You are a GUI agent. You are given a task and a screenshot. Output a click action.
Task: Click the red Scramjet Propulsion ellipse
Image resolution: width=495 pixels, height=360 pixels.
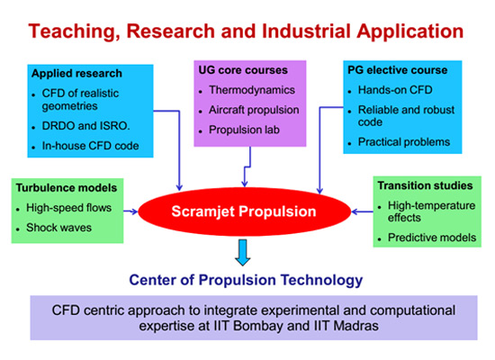click(x=244, y=211)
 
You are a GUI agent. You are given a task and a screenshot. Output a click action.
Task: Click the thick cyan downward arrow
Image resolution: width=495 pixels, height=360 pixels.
click(x=243, y=253)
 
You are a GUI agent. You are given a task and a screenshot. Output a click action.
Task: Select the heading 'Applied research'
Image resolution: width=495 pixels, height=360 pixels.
click(x=76, y=73)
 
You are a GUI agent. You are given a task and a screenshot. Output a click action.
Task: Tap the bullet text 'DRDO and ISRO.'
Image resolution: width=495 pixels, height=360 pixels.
click(x=85, y=126)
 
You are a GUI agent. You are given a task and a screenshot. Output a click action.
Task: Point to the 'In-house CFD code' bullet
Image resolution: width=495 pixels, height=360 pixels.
click(x=90, y=146)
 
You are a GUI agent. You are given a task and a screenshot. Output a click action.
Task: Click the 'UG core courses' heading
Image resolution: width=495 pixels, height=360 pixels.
click(x=243, y=70)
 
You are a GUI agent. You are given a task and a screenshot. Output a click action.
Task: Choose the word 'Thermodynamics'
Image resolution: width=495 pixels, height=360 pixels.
click(x=252, y=90)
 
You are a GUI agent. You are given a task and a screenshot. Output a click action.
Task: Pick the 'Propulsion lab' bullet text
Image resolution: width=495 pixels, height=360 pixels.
click(x=244, y=130)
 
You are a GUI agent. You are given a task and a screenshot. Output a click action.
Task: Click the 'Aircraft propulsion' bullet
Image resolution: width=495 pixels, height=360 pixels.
click(x=254, y=110)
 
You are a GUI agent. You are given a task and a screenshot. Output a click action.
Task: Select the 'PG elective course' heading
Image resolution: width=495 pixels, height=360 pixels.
click(x=398, y=70)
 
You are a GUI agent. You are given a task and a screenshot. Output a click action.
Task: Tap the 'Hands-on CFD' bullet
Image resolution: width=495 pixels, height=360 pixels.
click(x=395, y=90)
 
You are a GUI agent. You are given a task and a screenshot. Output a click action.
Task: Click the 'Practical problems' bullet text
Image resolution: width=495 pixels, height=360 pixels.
click(x=404, y=142)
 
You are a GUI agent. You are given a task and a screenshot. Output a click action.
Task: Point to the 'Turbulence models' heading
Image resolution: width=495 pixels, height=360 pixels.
click(x=67, y=188)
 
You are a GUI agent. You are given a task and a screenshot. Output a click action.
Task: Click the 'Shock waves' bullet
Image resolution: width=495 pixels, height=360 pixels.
click(x=58, y=228)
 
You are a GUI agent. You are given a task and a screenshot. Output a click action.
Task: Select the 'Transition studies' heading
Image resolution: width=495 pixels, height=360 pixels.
click(x=425, y=185)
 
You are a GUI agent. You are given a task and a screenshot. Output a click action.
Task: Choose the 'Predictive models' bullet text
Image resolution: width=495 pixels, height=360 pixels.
click(x=432, y=238)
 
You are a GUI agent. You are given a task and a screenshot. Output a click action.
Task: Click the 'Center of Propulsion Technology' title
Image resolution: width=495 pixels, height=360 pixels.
click(x=246, y=280)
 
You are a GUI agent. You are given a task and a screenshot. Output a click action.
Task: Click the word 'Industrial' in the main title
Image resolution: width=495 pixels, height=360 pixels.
click(x=306, y=31)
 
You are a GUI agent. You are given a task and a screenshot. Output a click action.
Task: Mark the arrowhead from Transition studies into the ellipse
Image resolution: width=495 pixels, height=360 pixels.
click(x=355, y=211)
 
